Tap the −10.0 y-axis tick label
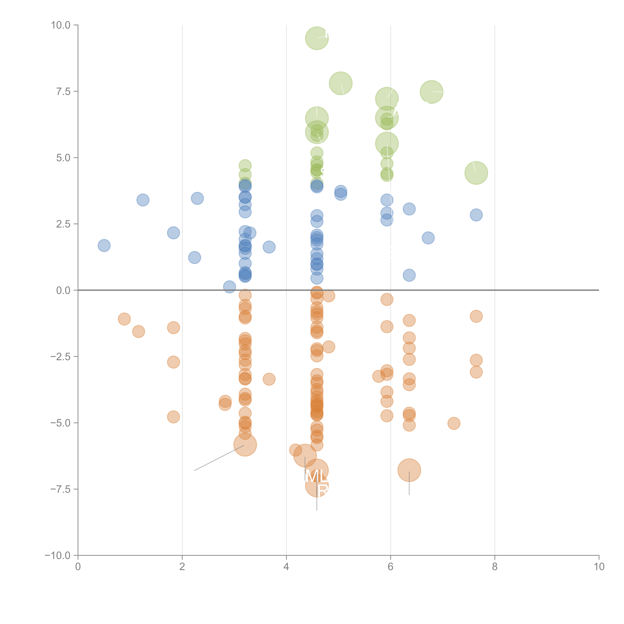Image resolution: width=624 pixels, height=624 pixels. pos(58,555)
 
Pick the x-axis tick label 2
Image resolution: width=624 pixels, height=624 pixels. pos(182,567)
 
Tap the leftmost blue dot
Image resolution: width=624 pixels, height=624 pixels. pos(104,245)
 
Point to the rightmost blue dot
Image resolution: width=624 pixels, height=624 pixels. pos(476,215)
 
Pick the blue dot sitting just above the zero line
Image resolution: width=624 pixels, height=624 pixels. pos(229,287)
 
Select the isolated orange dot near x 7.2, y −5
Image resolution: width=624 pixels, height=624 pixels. pos(454,423)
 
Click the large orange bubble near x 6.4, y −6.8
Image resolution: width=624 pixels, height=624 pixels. pos(409,470)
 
